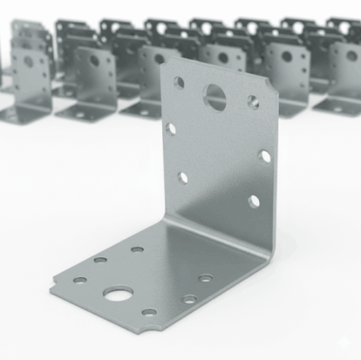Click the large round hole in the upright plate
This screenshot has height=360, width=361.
(x=215, y=96)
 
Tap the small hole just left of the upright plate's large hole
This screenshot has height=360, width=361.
(x=179, y=83)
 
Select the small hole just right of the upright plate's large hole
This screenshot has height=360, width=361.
(x=253, y=102)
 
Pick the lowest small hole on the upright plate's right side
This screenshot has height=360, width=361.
(x=253, y=201)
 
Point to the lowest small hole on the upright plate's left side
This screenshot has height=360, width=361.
(x=182, y=177)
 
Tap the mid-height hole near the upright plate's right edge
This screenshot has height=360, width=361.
(x=263, y=157)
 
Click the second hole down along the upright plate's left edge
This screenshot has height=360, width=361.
(x=171, y=129)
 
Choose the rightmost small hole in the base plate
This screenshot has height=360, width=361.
(x=205, y=278)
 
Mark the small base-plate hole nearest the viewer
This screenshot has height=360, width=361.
(x=149, y=312)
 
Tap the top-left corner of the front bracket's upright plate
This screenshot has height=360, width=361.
(x=163, y=60)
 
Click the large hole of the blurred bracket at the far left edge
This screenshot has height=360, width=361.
(x=28, y=61)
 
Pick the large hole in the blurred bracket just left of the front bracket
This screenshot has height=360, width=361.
(x=94, y=61)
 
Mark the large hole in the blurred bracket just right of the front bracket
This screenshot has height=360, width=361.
(x=286, y=57)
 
